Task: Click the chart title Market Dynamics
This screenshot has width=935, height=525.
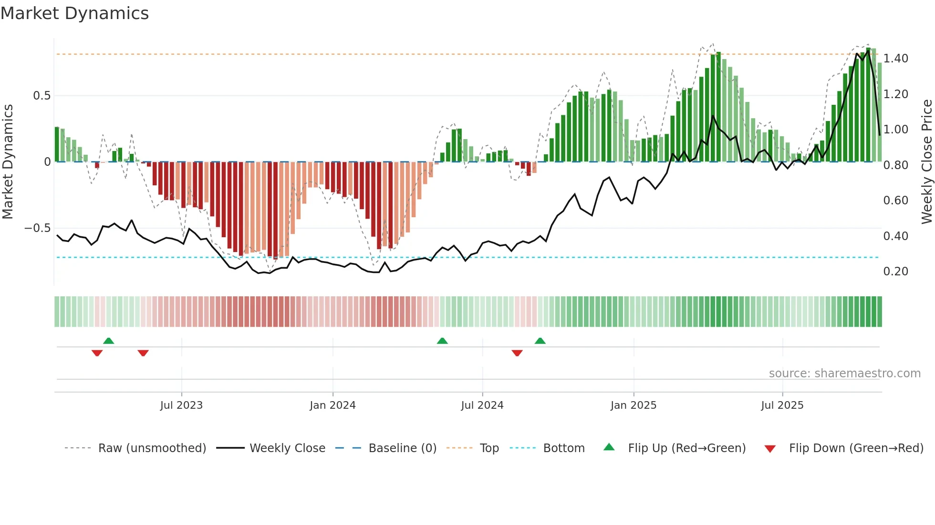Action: click(x=75, y=13)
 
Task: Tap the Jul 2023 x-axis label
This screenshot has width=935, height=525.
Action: click(x=181, y=405)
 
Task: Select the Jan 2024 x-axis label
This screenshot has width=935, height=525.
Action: click(x=332, y=405)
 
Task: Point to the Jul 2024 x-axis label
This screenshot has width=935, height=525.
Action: click(x=482, y=405)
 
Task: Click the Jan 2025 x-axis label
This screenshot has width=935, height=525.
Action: click(x=633, y=405)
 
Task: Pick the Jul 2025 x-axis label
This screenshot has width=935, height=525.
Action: click(x=782, y=405)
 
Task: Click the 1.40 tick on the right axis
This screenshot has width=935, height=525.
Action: click(x=895, y=59)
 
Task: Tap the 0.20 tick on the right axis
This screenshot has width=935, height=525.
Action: click(x=895, y=272)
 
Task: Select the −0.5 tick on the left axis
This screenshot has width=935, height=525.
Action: click(x=37, y=228)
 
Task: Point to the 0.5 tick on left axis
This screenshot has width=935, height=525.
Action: click(x=42, y=96)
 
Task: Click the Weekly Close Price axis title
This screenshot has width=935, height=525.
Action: click(x=926, y=162)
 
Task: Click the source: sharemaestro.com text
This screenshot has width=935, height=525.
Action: click(x=844, y=374)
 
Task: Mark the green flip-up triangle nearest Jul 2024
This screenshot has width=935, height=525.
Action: click(x=442, y=341)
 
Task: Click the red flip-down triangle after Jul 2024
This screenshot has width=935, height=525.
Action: click(x=517, y=353)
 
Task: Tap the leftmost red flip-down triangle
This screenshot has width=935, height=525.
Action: click(x=97, y=353)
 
